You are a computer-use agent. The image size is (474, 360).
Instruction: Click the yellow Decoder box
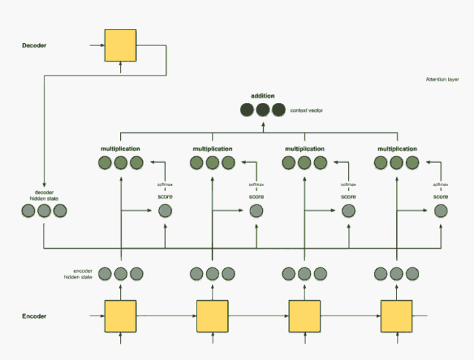point(121,46)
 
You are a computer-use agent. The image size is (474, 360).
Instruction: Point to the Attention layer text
point(442,80)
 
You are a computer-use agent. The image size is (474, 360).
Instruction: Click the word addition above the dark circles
point(263,96)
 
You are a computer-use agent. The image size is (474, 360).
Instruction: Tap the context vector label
point(307,110)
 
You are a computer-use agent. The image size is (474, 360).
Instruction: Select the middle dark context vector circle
point(263,110)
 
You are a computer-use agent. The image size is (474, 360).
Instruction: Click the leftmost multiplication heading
point(121,149)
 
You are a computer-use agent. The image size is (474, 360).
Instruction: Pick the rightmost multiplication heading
point(397,149)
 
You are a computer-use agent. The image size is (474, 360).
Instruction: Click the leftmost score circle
point(164,211)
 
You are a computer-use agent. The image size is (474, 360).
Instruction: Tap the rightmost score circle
point(441,211)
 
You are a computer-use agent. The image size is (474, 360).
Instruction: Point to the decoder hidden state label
point(44,196)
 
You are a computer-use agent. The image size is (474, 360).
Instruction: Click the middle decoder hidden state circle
point(44,211)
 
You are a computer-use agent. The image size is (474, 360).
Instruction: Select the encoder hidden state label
point(78,273)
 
